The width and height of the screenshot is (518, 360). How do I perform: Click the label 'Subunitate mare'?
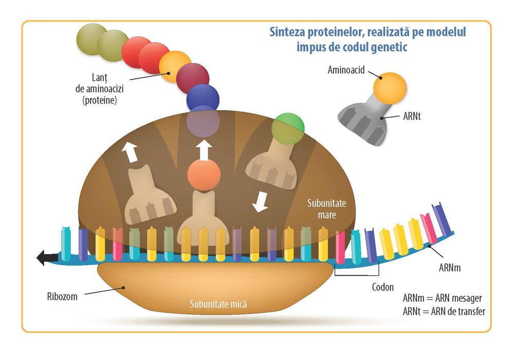coord(327,208)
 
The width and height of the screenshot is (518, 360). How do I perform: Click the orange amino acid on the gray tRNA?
coord(390,87)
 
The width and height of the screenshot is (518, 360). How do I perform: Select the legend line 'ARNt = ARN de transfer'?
coord(444,311)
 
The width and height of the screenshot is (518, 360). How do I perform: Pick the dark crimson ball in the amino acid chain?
coord(192,79)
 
